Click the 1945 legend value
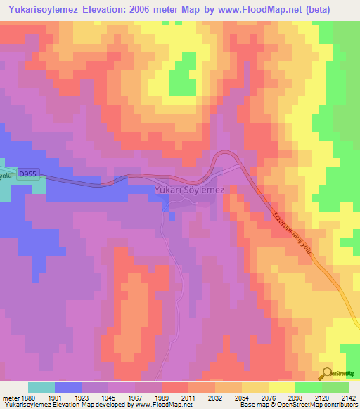click(x=108, y=399)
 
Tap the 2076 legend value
click(x=269, y=399)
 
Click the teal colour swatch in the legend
click(x=41, y=388)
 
